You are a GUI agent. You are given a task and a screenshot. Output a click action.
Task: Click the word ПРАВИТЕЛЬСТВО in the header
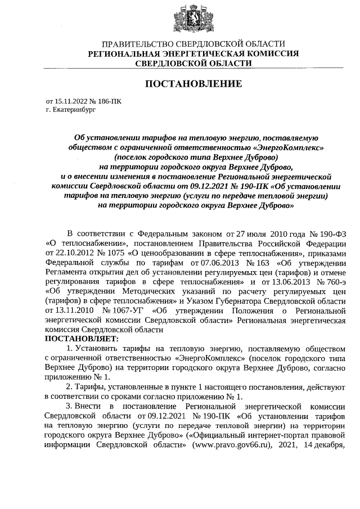137,44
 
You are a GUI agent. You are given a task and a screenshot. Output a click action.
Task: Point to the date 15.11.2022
69,102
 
